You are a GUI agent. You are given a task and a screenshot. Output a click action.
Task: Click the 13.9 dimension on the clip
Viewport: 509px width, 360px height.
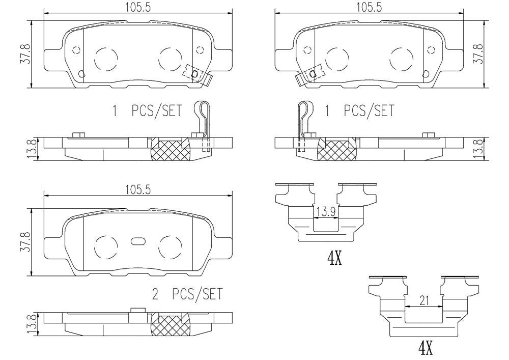point(326,212)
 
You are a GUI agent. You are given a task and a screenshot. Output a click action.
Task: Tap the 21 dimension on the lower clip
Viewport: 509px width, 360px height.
point(424,300)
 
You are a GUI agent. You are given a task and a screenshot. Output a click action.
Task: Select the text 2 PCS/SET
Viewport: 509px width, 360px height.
point(188,294)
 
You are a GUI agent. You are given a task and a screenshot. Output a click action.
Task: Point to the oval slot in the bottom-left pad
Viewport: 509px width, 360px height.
point(138,241)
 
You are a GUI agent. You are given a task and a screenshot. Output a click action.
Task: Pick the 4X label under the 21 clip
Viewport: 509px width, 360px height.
point(426,348)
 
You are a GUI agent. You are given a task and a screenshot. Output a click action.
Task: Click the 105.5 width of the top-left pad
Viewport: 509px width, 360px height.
point(138,7)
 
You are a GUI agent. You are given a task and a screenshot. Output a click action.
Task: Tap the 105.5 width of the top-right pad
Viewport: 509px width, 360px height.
point(369,7)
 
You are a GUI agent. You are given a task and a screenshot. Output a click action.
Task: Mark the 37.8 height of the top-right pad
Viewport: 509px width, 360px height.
point(479,54)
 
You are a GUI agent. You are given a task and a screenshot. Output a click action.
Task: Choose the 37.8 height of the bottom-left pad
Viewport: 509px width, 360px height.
point(26,242)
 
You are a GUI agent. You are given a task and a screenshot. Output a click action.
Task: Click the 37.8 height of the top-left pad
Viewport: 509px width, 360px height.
point(26,54)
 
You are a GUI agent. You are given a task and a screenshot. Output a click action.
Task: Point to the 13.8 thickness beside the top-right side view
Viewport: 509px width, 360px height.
point(479,149)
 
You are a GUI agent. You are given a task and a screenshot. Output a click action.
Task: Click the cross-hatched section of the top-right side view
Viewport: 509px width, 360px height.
point(337,149)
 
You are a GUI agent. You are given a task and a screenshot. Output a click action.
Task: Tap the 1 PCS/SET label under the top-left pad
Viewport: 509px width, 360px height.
point(148,110)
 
